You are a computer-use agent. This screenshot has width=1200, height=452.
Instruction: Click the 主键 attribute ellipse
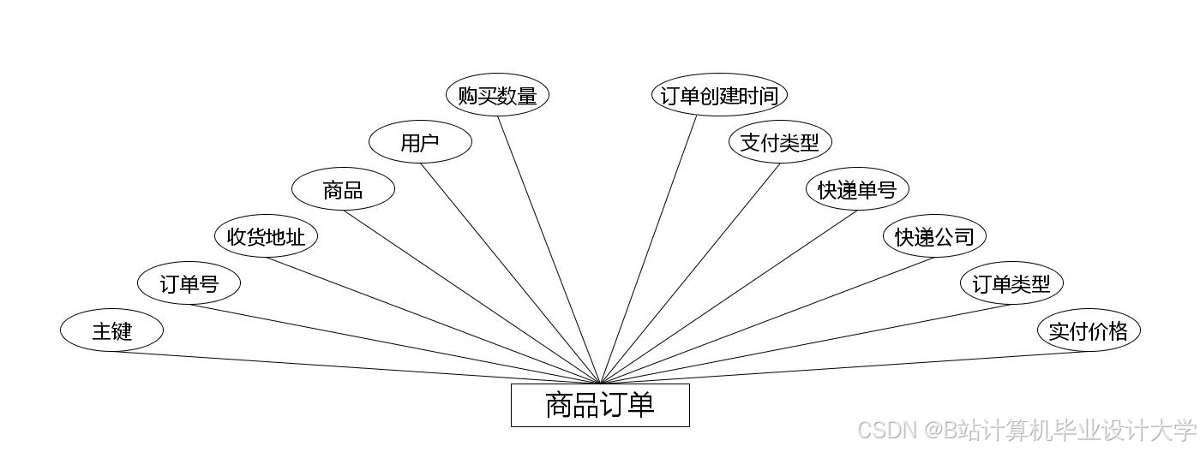click(111, 330)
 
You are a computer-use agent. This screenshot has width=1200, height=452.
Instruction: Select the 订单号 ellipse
click(189, 283)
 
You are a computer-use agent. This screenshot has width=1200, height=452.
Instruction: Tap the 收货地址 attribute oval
click(266, 236)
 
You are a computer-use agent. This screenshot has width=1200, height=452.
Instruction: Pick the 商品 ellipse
click(343, 190)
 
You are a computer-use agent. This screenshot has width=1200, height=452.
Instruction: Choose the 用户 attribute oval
click(420, 142)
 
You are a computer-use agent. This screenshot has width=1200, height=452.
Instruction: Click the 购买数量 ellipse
click(497, 95)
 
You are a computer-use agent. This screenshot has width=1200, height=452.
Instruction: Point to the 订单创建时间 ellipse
click(719, 95)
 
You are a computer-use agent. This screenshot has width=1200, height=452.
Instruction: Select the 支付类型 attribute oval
click(780, 142)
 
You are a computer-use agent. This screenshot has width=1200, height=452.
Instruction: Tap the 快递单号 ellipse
click(857, 189)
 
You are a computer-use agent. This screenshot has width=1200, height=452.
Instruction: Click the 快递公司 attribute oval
click(934, 236)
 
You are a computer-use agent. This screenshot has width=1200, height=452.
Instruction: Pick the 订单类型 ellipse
click(1011, 283)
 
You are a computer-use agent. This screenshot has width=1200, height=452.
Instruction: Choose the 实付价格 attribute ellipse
click(1089, 330)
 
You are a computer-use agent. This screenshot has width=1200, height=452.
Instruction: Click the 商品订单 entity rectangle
click(600, 405)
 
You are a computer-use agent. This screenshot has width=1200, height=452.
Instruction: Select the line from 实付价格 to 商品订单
click(844, 367)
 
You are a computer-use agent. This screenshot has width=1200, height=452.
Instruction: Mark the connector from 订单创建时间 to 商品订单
click(649, 249)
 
